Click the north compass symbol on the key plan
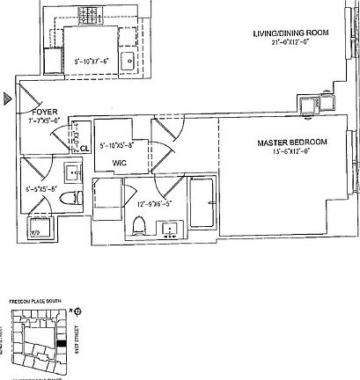point(77,311)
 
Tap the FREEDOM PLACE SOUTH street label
point(33,302)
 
